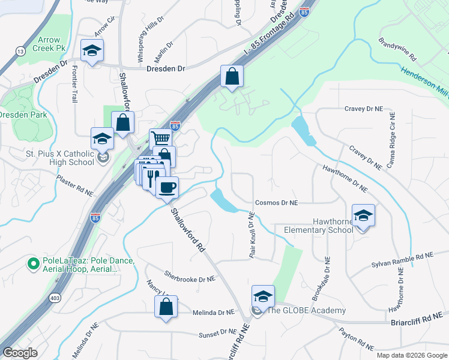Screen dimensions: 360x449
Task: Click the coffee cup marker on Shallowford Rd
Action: click(x=167, y=187)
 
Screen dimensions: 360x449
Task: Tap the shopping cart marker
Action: click(x=160, y=139)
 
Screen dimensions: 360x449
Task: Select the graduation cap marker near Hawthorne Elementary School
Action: click(x=363, y=215)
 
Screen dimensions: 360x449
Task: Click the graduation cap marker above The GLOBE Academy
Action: click(x=262, y=296)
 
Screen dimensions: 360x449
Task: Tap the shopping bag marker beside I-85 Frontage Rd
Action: click(x=232, y=76)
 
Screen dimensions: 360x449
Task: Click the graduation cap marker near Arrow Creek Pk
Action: click(x=92, y=50)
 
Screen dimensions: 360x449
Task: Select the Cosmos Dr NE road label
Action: click(x=276, y=203)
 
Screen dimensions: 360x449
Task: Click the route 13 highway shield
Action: click(x=21, y=52)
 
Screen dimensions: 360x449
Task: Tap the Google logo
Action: click(x=20, y=353)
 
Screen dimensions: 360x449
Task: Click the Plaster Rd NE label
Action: click(x=76, y=185)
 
